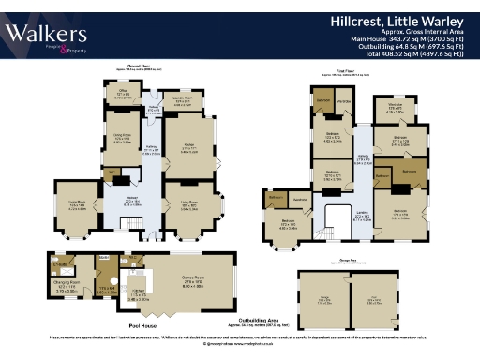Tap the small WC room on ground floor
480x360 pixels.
pyautogui.click(x=112, y=174)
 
